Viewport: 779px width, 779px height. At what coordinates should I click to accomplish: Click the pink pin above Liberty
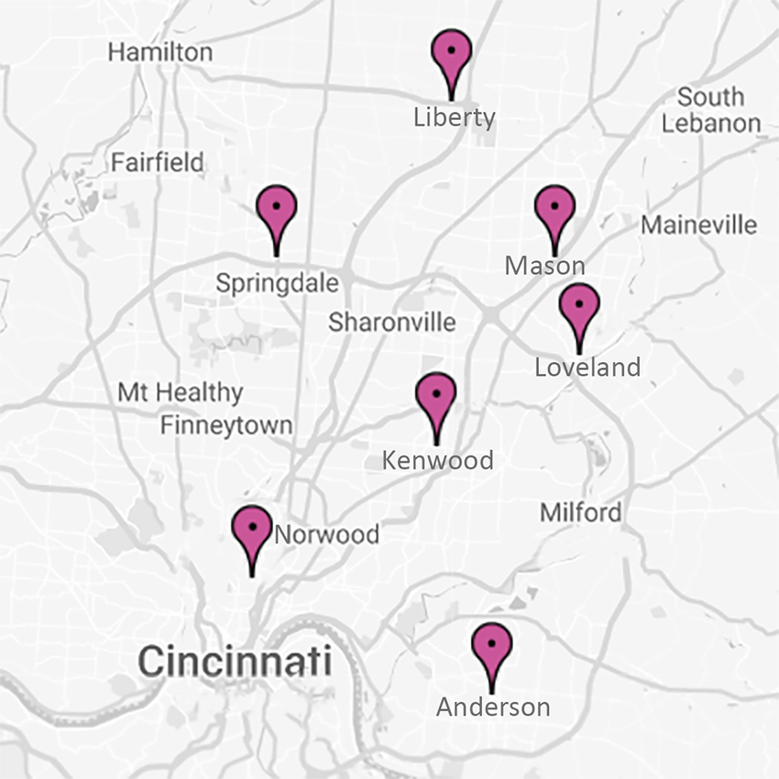[451, 55]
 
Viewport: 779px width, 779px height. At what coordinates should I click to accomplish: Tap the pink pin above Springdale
[277, 210]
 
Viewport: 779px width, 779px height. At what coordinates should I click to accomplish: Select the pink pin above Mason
[554, 210]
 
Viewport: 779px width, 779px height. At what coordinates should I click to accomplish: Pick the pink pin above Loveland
[578, 308]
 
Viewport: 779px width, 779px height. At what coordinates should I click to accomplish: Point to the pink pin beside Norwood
[252, 531]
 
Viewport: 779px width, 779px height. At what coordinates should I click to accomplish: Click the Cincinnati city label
[235, 660]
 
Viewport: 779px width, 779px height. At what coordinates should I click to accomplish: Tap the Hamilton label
[160, 52]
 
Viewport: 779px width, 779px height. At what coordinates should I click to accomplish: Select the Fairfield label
[158, 163]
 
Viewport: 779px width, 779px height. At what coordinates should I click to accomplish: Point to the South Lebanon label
[711, 110]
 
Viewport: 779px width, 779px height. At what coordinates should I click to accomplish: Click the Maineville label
[699, 225]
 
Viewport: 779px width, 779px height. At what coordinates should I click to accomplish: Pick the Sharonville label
[392, 322]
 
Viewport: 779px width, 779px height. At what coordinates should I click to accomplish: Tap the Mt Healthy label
[181, 393]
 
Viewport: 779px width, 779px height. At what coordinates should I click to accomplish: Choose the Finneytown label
[226, 425]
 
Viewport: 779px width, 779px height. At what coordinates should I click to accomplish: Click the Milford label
[580, 512]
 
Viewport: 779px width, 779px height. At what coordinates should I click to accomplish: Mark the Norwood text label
[327, 534]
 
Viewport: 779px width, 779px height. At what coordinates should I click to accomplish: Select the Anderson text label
[493, 708]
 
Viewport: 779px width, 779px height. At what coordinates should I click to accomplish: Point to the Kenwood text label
[437, 459]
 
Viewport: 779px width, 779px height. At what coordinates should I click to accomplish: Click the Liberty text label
[454, 117]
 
